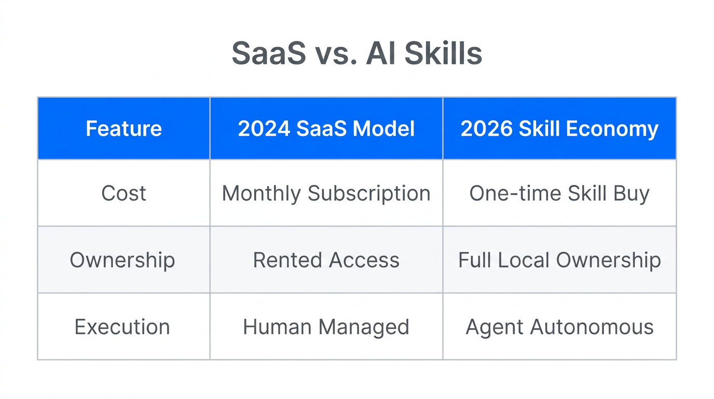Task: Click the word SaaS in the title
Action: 268,53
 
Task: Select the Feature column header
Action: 123,129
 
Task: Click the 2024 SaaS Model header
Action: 326,129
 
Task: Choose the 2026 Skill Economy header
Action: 559,129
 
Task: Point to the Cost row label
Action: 123,193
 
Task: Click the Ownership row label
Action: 122,260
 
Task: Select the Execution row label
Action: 122,327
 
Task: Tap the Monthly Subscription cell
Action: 326,193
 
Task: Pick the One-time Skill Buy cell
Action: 559,193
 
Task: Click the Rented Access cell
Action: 326,260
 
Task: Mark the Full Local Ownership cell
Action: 559,260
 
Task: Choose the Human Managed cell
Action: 326,327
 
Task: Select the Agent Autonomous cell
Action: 559,327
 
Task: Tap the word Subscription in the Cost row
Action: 369,194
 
